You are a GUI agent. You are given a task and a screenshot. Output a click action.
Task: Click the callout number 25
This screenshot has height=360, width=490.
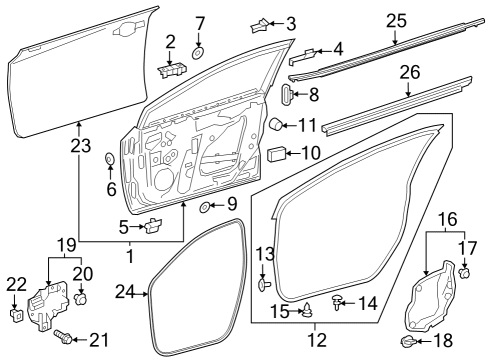[x=395, y=20]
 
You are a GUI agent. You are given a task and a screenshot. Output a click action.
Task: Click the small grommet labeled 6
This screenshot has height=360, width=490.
[x=110, y=158]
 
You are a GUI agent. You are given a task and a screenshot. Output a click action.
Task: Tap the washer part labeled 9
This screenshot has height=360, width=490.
[x=204, y=207]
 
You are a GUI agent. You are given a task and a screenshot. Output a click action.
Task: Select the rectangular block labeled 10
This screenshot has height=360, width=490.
[x=278, y=154]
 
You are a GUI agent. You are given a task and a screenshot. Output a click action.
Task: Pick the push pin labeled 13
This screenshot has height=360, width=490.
[x=262, y=284]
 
